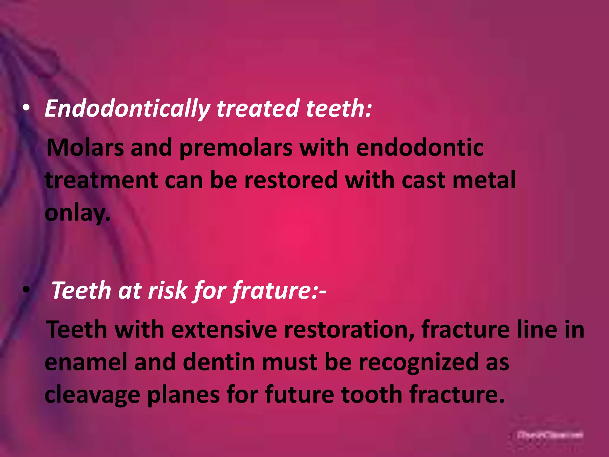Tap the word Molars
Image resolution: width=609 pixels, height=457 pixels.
click(x=85, y=148)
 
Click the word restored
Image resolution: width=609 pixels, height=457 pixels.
click(x=291, y=180)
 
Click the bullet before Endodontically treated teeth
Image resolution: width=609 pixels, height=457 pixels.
click(x=26, y=109)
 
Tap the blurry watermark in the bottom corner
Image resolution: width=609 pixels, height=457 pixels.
click(x=550, y=435)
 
